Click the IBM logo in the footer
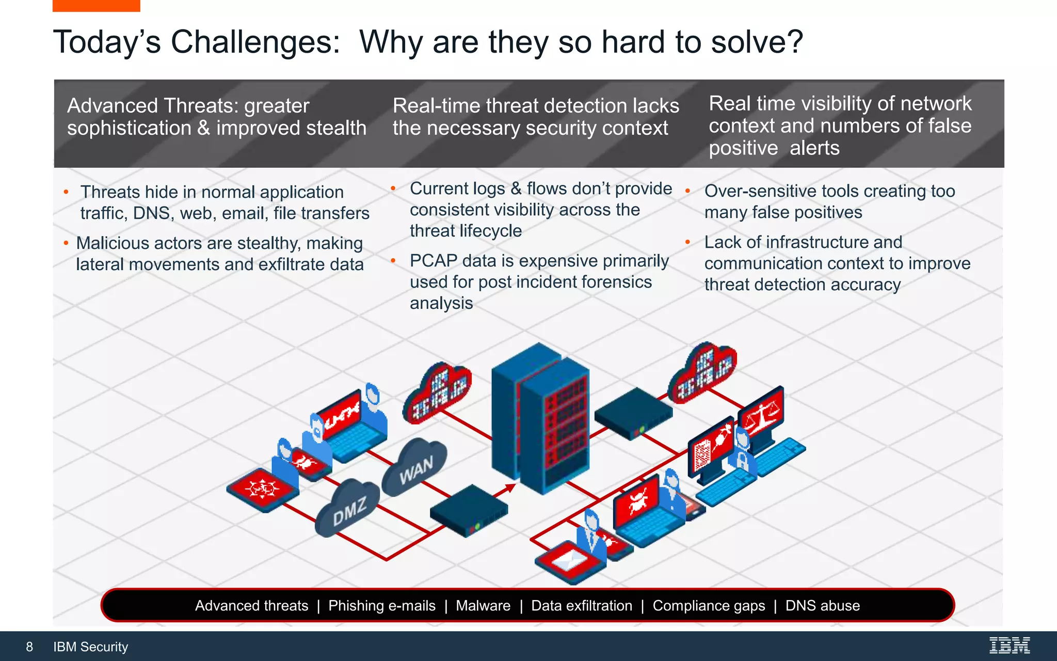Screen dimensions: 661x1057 (x=1009, y=646)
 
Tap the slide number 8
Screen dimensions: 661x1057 (x=29, y=647)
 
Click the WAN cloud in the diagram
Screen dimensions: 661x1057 (x=415, y=468)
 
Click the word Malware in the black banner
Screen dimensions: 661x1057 (x=483, y=605)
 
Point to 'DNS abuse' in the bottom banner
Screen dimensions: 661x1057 (x=822, y=605)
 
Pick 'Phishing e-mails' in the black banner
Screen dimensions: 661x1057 (x=381, y=605)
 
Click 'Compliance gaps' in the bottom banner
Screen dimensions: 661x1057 (x=708, y=605)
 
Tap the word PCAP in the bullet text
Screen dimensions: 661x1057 (x=433, y=261)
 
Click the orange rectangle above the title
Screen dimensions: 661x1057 (x=96, y=5)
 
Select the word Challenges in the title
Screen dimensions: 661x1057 (x=255, y=42)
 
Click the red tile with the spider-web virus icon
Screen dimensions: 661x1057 (x=263, y=488)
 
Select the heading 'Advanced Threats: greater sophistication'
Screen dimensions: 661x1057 (x=216, y=117)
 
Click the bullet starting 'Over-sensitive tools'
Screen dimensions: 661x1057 (x=829, y=201)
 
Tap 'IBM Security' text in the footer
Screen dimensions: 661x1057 (x=90, y=647)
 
